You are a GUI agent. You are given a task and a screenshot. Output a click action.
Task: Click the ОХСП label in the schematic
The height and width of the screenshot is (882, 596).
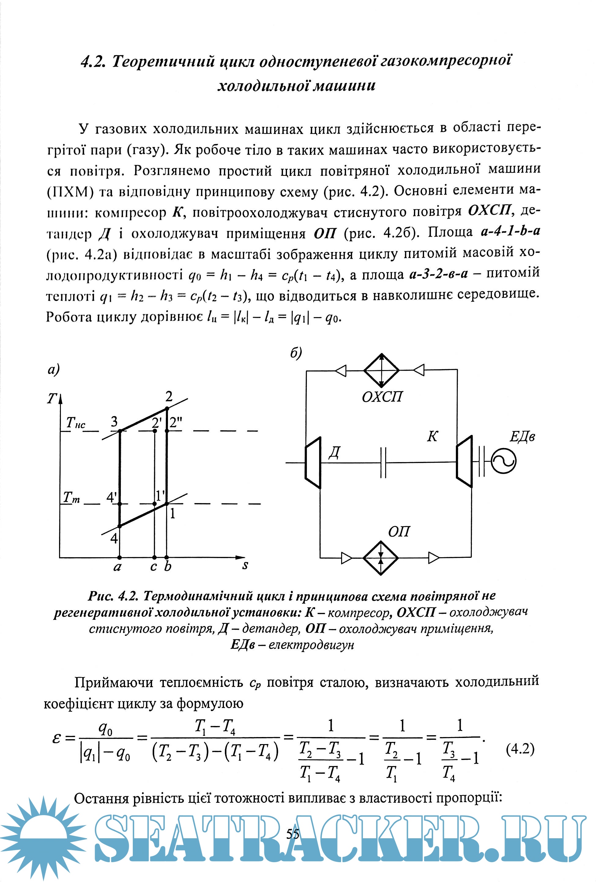[x=382, y=397]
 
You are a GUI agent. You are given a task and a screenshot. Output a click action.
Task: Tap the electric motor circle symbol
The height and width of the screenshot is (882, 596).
[x=503, y=461]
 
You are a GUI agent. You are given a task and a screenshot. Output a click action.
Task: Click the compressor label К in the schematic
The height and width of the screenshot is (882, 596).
[x=432, y=436]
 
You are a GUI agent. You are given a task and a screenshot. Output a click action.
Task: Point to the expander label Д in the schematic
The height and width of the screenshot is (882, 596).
[x=334, y=452]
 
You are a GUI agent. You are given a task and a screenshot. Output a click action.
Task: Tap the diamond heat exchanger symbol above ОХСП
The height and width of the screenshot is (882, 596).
[x=382, y=370]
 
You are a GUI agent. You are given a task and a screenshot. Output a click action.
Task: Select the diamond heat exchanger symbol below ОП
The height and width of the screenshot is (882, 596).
[x=381, y=558]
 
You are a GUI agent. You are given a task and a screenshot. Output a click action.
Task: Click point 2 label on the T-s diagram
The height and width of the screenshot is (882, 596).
[x=169, y=397]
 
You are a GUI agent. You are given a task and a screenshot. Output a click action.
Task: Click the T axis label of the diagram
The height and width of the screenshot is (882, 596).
[x=51, y=399]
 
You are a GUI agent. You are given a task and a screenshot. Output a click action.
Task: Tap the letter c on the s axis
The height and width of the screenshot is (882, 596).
[x=153, y=567]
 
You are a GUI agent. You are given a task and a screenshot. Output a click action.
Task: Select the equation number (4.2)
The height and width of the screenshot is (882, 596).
[x=520, y=749]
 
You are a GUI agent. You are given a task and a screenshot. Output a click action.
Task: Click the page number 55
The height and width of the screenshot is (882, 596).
[x=293, y=833]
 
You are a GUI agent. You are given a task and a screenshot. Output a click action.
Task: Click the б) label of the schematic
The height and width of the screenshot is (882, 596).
[x=296, y=353]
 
